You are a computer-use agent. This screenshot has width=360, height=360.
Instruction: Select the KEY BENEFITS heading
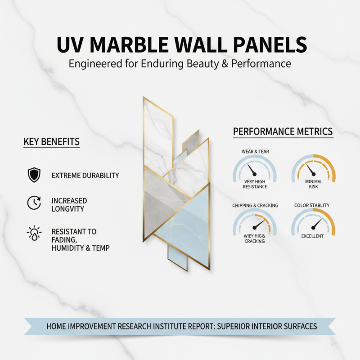click(x=51, y=142)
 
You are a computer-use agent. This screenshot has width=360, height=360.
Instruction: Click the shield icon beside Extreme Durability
click(x=34, y=175)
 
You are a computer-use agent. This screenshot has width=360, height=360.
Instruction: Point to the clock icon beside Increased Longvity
click(x=34, y=203)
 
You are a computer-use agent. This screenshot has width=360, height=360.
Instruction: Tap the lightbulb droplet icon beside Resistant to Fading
click(x=34, y=233)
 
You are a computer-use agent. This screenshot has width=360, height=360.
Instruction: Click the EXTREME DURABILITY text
click(x=85, y=175)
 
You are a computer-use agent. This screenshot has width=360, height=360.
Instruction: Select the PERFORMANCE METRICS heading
click(x=283, y=132)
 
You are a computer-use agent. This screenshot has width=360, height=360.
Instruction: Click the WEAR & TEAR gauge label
click(x=255, y=152)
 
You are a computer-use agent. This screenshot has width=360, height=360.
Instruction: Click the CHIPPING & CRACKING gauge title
click(x=255, y=206)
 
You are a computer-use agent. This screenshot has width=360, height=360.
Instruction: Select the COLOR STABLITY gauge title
click(x=312, y=206)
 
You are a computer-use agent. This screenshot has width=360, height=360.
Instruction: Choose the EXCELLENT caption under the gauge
click(x=312, y=236)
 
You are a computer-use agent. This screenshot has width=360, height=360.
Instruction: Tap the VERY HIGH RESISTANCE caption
click(x=255, y=184)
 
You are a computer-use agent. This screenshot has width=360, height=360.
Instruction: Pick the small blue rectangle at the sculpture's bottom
click(x=177, y=257)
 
